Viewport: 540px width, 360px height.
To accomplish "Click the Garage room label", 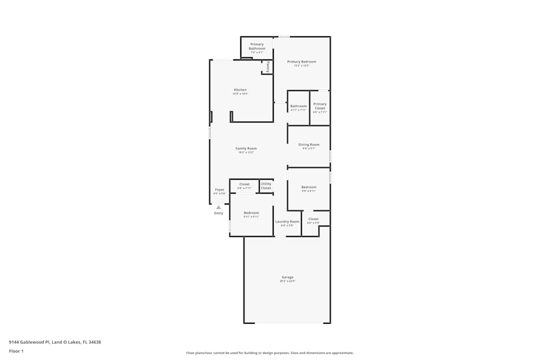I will coord(287,277).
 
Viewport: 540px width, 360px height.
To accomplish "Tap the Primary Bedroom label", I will coord(301,62).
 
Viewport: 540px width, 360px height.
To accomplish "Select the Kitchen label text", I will coord(240,90).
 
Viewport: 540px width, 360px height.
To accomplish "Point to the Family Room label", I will coord(246,148).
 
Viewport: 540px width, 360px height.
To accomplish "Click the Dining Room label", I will coord(309,145).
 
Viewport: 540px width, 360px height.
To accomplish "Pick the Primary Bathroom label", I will coord(257,46).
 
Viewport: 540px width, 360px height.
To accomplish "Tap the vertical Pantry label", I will coord(268,67).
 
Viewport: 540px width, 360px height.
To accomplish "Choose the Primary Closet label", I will coord(320,106).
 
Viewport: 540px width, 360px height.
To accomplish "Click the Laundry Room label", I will coord(287,222).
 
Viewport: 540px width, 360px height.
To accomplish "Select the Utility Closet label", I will coord(266,186).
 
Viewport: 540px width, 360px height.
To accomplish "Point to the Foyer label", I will coord(220,190).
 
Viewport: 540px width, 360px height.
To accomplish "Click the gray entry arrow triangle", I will coord(219,207).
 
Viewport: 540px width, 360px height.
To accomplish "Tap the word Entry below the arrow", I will coord(219,213).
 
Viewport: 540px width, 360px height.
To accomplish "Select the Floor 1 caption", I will coord(16,351).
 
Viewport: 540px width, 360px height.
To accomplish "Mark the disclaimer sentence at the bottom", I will coord(270,352).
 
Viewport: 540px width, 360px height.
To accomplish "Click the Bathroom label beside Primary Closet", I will coord(299,106).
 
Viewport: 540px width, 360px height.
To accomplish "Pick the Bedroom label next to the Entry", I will coord(251,213).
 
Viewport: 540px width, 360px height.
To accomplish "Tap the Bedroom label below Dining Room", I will coord(309,187).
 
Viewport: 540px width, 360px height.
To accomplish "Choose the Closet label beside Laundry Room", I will coord(313,219).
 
